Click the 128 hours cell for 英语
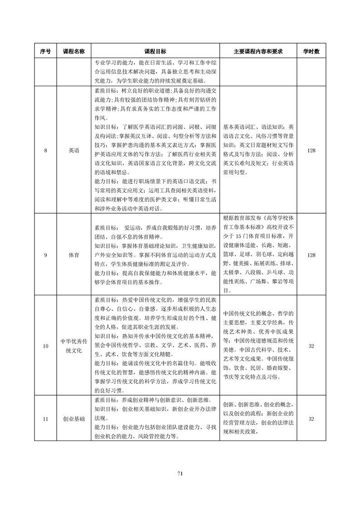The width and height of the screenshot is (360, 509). (x=311, y=151)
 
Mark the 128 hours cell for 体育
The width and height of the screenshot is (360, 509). (x=311, y=255)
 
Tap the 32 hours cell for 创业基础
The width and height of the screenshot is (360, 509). (x=311, y=419)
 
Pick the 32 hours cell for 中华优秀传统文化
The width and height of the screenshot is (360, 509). (x=311, y=347)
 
